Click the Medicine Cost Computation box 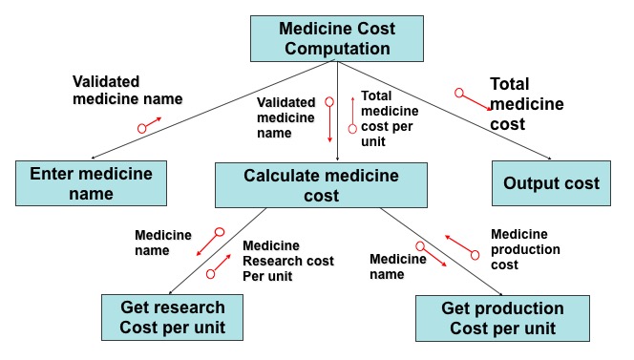(337, 39)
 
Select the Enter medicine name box (91, 183)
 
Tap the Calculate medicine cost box (321, 185)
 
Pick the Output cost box (551, 183)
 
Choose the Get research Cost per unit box (172, 318)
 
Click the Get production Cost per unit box (502, 318)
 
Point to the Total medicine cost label (527, 104)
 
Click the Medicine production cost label (525, 249)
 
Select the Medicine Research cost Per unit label (288, 261)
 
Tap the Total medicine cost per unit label (390, 118)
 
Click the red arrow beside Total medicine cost (473, 99)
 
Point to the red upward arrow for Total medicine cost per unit (352, 115)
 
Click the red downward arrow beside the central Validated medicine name (329, 119)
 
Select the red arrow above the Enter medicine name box (149, 125)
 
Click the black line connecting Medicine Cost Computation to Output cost (444, 110)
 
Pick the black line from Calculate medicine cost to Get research (218, 251)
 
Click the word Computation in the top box (337, 49)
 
